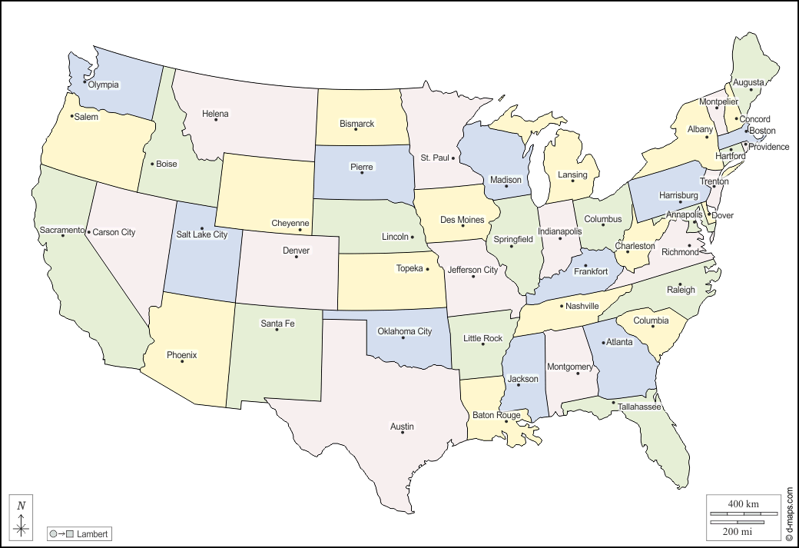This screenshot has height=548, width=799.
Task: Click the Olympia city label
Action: pyautogui.click(x=104, y=85)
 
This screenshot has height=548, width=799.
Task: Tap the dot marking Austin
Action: pyautogui.click(x=403, y=433)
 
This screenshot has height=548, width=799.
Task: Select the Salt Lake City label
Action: pyautogui.click(x=202, y=234)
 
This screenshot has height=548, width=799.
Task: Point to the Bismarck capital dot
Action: pyautogui.click(x=356, y=129)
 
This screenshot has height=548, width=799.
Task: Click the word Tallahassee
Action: pyautogui.click(x=637, y=407)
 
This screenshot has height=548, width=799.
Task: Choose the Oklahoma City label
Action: pyautogui.click(x=404, y=331)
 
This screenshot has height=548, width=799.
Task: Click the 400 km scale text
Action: pyautogui.click(x=743, y=503)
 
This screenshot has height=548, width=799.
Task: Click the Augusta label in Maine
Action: pyautogui.click(x=748, y=82)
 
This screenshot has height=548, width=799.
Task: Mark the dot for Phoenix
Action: pyautogui.click(x=182, y=361)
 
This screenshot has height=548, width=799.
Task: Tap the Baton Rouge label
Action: pyautogui.click(x=496, y=415)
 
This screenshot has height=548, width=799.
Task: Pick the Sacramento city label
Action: pyautogui.click(x=61, y=230)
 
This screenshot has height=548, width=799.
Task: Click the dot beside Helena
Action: pyautogui.click(x=216, y=119)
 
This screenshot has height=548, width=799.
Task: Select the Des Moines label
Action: pyautogui.click(x=462, y=220)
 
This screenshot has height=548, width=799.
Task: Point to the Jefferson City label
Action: pyautogui.click(x=472, y=270)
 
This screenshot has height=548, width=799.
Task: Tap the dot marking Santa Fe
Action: pyautogui.click(x=277, y=329)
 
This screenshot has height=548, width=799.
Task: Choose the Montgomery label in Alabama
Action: pyautogui.click(x=569, y=367)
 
